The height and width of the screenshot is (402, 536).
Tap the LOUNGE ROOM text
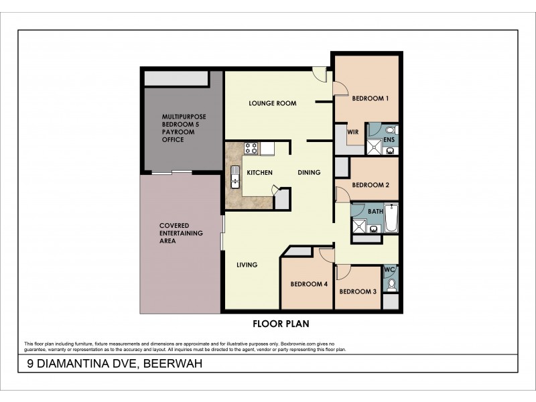272,103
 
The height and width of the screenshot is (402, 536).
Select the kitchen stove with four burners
252,148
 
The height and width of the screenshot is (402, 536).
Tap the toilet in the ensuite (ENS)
391,130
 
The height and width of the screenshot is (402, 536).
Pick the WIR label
353,132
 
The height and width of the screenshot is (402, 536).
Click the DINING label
309,173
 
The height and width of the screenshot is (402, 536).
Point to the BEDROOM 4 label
308,284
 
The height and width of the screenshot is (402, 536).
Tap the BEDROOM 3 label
357,291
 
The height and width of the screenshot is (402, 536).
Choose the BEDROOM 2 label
371,185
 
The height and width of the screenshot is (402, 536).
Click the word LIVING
247,265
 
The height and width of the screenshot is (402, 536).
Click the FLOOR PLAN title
280,324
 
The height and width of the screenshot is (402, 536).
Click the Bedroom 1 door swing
340,88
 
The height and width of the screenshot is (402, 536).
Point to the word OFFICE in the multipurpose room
173,139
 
